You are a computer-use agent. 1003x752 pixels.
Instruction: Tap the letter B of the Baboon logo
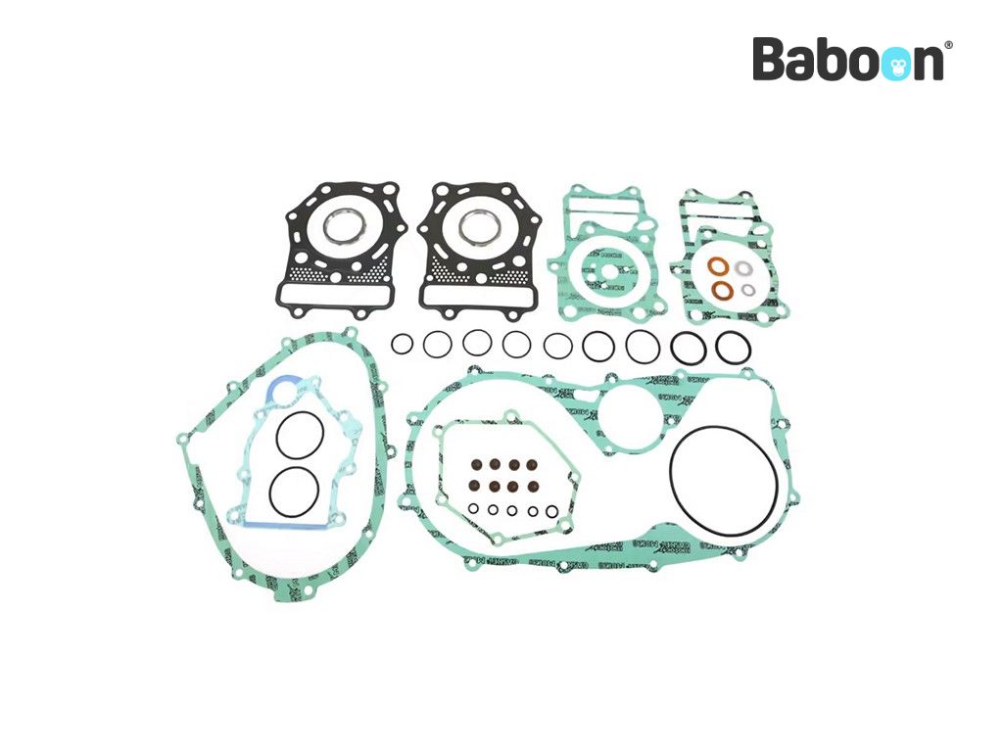point(771,60)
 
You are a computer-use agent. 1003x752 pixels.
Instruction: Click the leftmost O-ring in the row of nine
point(403,344)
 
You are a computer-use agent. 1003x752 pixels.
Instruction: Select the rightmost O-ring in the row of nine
point(733,347)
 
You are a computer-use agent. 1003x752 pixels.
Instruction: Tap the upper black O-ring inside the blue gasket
point(297,434)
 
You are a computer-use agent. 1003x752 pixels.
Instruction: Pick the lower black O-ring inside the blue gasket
point(294,491)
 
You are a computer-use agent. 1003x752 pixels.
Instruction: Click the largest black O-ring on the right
point(725,481)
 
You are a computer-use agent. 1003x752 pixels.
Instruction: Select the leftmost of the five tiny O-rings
point(473,509)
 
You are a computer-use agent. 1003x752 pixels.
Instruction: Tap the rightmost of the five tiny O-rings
point(552,510)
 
